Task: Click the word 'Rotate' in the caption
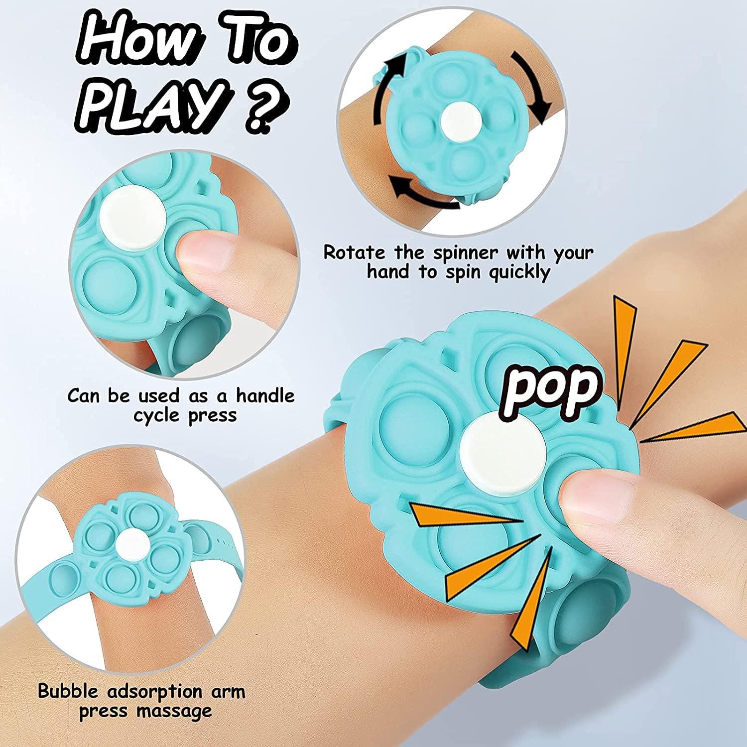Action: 354,252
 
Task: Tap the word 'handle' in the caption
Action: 265,396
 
